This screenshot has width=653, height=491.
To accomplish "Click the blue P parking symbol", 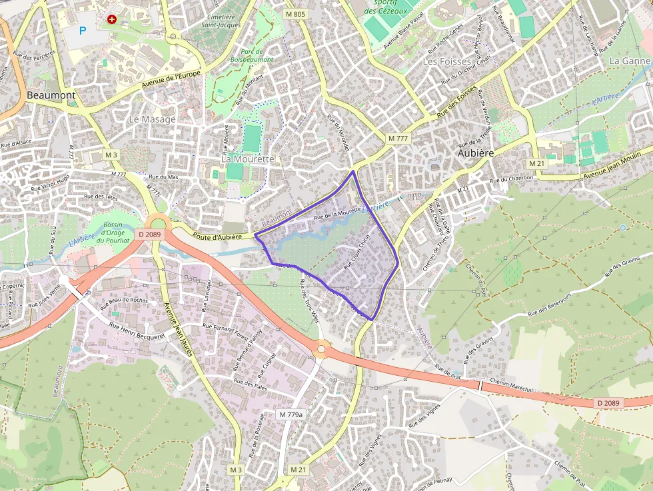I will coord(83,30).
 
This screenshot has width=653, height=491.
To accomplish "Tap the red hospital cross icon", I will coord(112,20).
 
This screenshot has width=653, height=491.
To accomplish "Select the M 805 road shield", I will coord(295,14).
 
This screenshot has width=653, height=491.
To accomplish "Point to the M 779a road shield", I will coord(291,414).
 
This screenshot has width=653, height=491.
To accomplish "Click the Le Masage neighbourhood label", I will coord(152,119).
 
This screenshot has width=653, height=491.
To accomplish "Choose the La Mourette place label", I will coord(247,159).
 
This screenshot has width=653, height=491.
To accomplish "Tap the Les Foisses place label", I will coord(447,61).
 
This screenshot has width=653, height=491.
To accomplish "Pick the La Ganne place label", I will coord(629,61).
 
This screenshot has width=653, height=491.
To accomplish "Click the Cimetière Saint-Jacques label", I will coord(222,21).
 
